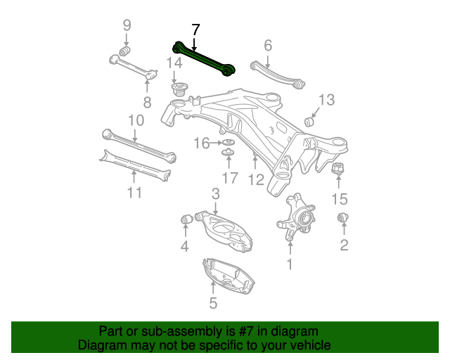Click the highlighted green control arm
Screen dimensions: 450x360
204,60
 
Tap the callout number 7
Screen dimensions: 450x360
195,30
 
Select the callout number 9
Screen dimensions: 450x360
127,26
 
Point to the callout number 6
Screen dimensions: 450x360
267,46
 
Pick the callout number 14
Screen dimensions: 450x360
174,63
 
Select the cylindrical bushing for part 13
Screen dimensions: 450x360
309,122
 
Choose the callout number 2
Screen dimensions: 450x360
344,245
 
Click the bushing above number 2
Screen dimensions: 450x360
344,218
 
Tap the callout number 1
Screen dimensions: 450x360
288,264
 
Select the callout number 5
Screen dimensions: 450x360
213,303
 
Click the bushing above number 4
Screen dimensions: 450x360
186,219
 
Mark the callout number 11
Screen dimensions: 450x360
134,192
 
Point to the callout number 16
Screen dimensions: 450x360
201,143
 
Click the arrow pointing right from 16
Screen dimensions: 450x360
217,143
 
